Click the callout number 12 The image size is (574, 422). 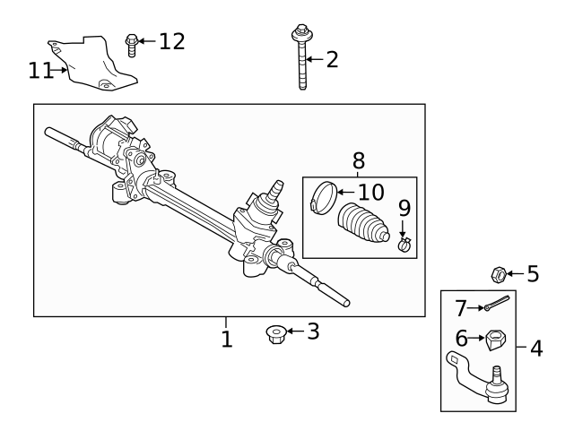point(171,41)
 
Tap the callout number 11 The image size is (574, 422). point(40,70)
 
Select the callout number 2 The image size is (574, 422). point(332,60)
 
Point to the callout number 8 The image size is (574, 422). point(358,161)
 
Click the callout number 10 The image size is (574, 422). point(370,192)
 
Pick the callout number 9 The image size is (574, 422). point(404,209)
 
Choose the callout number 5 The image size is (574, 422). point(533,273)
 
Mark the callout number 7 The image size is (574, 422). point(461,308)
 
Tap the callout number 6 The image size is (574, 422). point(461,339)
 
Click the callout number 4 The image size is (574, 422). point(536,348)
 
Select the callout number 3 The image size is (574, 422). point(312,332)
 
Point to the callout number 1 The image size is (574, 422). point(227,340)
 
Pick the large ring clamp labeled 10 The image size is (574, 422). point(325,197)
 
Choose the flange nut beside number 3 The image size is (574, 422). point(274,333)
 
